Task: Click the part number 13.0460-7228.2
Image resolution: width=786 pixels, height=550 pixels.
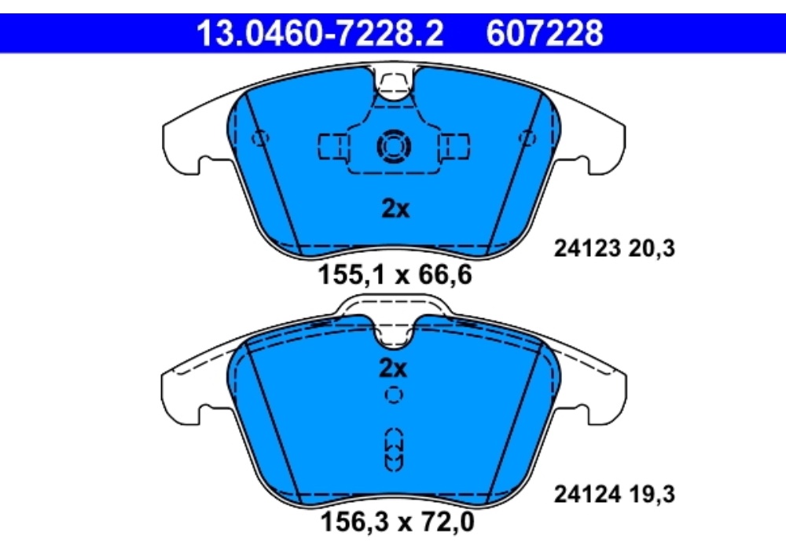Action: point(319,33)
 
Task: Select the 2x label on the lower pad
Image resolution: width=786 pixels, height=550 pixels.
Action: point(392,368)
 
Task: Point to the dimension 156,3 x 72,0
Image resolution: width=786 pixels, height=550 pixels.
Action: point(397,521)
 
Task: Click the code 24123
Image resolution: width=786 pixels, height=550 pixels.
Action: point(584,249)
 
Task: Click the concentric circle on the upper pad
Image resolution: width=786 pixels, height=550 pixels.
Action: point(392,145)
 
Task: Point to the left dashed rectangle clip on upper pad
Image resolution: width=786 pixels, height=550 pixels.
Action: point(333,145)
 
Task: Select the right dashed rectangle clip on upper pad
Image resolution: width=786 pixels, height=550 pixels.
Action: point(454,145)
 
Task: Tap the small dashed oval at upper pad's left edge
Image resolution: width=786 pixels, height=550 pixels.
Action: point(260,138)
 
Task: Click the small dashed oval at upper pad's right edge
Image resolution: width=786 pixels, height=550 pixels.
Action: point(527,138)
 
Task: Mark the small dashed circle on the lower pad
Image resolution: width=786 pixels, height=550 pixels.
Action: point(393,394)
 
